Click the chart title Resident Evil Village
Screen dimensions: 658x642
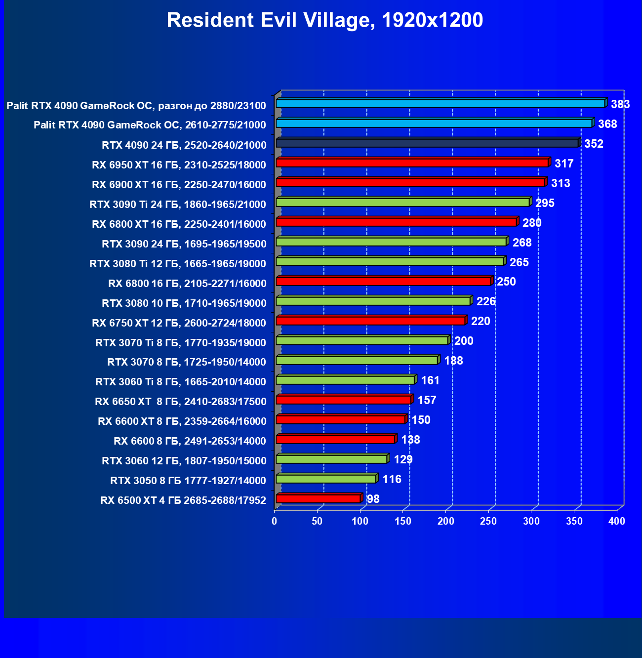tap(324, 20)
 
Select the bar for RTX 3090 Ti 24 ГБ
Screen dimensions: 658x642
tap(402, 202)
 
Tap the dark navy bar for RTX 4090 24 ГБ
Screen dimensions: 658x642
tap(427, 143)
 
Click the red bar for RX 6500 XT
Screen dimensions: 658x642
tap(318, 499)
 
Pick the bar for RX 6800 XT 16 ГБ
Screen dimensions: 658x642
tap(396, 222)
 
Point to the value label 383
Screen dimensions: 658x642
tap(620, 104)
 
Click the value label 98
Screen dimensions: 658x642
tap(373, 499)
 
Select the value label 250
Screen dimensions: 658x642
tap(506, 282)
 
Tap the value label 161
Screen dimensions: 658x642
tap(430, 380)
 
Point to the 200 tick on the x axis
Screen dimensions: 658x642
tap(446, 521)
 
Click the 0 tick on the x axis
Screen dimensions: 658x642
tap(275, 521)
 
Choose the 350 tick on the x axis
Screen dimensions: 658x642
tap(574, 521)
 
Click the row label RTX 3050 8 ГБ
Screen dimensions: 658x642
tap(188, 481)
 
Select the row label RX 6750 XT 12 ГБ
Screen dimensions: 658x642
tap(179, 323)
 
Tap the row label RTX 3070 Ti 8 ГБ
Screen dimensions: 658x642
tap(181, 343)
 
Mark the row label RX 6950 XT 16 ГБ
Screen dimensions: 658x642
tap(179, 165)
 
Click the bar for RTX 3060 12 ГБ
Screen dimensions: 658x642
tap(331, 459)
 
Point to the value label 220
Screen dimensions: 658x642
tap(481, 321)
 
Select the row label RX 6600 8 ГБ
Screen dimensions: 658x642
tap(190, 441)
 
